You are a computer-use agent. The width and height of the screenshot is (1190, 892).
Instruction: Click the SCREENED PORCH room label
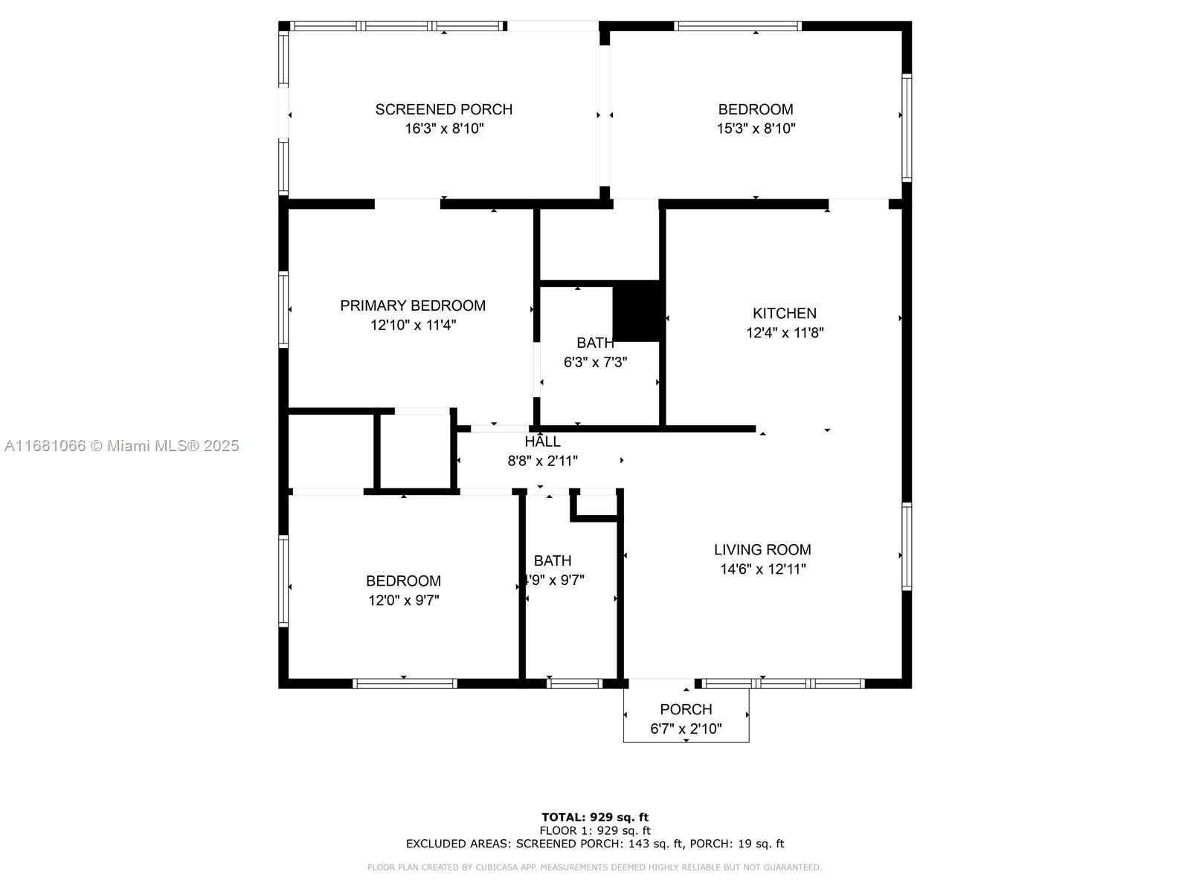443,109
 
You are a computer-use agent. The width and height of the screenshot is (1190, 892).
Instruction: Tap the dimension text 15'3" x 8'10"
756,129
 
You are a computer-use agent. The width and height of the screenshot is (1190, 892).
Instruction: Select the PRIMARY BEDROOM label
413,306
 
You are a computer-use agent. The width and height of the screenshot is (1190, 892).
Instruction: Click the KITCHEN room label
784,314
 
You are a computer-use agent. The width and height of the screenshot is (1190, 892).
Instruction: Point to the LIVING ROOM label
762,550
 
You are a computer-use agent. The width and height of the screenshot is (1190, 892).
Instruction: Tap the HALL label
542,442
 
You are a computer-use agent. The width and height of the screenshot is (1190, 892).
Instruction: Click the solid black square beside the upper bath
637,311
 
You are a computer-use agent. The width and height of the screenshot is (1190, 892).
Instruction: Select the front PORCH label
686,709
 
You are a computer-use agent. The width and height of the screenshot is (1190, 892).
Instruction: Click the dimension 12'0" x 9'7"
404,601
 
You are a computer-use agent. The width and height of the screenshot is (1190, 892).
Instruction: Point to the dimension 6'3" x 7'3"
595,363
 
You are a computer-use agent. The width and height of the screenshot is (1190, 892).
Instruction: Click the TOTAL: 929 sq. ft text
595,818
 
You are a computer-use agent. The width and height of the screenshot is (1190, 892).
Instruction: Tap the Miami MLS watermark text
121,446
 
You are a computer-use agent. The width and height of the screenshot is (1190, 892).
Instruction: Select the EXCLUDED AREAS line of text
595,844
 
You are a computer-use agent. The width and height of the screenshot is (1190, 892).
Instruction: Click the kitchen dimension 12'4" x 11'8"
785,333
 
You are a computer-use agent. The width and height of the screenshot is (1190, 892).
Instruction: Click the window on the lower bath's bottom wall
574,683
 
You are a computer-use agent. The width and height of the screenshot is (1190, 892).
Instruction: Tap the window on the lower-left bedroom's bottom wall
405,683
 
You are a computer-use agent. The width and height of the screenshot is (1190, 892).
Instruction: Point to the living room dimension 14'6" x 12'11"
762,569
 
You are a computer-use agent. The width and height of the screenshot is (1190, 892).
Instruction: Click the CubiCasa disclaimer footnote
595,867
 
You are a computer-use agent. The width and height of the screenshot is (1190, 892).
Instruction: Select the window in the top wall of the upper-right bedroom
738,26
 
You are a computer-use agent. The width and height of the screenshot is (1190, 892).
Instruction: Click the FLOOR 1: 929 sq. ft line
595,831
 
